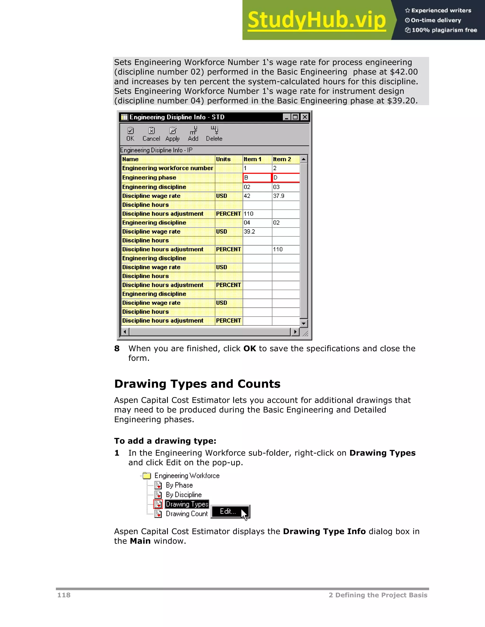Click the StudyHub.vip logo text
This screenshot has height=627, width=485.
316,20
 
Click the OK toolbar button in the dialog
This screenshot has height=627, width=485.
130,134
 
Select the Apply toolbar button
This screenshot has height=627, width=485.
172,134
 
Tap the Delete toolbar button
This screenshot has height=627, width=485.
214,134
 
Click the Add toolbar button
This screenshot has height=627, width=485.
193,134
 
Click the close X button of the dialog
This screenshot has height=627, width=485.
305,117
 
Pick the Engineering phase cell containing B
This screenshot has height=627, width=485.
257,178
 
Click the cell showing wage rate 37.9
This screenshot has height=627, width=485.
285,196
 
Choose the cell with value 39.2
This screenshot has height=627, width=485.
257,231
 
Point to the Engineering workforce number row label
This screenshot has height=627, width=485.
167,168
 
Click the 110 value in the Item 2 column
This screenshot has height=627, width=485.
285,249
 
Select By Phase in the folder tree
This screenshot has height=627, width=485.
179,485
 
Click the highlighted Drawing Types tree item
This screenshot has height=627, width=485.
187,504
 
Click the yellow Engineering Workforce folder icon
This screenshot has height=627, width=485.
147,476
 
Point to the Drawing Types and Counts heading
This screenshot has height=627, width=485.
197,384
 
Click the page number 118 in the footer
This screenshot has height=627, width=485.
64,595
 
